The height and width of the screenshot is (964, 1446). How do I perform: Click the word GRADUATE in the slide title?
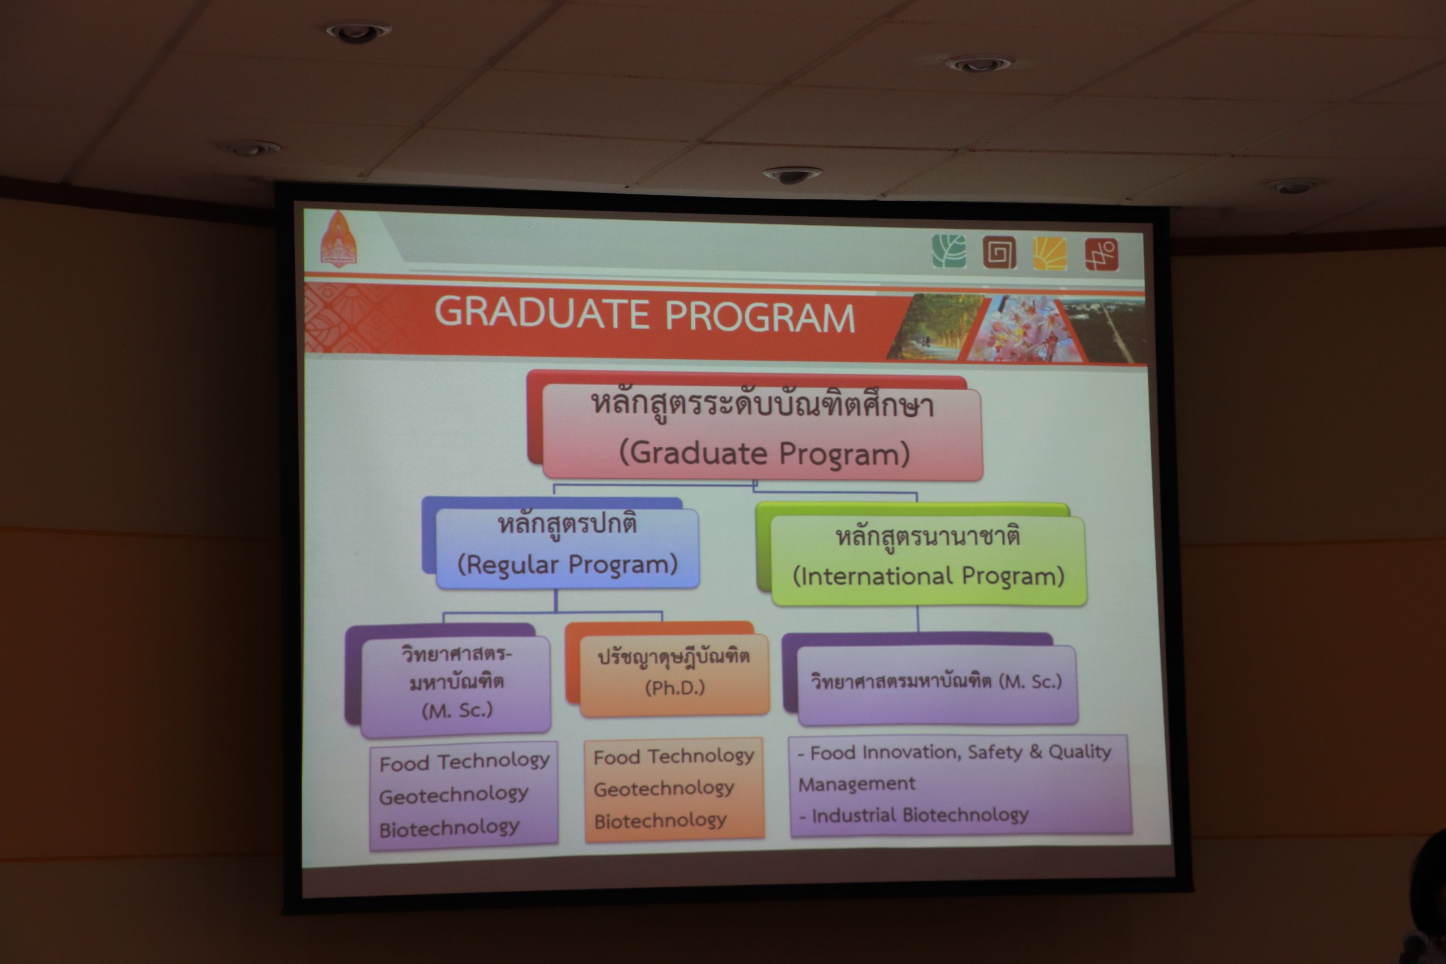pyautogui.click(x=543, y=313)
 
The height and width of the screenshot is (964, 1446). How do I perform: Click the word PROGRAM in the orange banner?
pyautogui.click(x=760, y=317)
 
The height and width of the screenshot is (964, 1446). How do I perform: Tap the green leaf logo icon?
pyautogui.click(x=948, y=251)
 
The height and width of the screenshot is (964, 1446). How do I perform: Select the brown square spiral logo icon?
pyautogui.click(x=999, y=252)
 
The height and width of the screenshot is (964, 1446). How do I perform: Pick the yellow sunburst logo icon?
pyautogui.click(x=1049, y=252)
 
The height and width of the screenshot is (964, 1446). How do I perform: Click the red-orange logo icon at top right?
pyautogui.click(x=1101, y=254)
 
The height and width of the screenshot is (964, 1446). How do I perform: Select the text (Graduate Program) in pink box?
pyautogui.click(x=764, y=453)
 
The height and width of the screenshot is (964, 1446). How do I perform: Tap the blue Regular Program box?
pyautogui.click(x=567, y=548)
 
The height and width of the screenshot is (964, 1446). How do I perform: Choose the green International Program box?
pyautogui.click(x=927, y=560)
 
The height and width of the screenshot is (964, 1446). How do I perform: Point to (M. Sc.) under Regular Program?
pyautogui.click(x=458, y=710)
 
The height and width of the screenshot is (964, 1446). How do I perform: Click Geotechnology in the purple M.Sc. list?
pyautogui.click(x=454, y=795)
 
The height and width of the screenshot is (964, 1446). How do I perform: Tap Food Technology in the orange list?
pyautogui.click(x=673, y=756)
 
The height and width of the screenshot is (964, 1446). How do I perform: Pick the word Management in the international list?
pyautogui.click(x=856, y=784)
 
